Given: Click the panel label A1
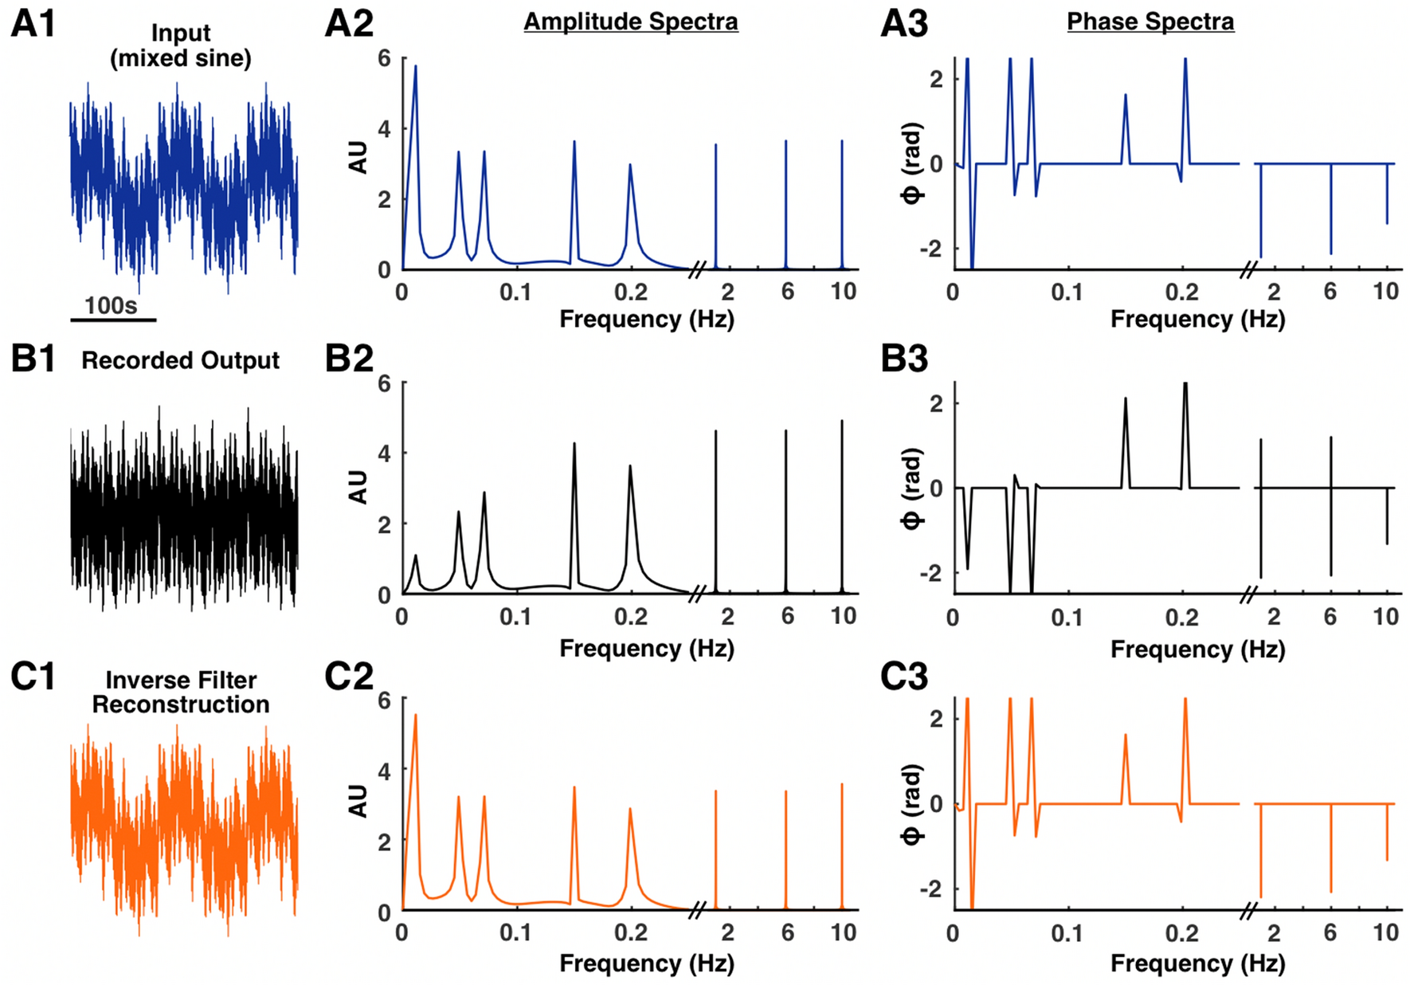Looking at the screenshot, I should (x=33, y=24).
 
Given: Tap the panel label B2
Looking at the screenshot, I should (x=348, y=359).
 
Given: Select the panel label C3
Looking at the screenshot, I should (x=903, y=677).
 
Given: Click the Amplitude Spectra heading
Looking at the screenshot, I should (x=630, y=22).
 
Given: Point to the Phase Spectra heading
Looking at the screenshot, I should (x=1150, y=22).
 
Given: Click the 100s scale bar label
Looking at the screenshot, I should (x=111, y=306).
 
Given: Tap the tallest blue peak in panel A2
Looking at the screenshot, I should (x=415, y=68).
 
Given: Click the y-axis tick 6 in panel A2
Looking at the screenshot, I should (x=385, y=59).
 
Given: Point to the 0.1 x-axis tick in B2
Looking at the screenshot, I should (x=515, y=616).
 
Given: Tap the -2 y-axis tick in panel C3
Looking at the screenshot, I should (x=930, y=889).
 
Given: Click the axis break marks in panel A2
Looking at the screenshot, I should (x=696, y=269).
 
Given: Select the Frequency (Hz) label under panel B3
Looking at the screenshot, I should (x=1197, y=649).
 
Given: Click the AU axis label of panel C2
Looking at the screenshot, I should (x=358, y=800).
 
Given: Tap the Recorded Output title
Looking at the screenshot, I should (x=180, y=360).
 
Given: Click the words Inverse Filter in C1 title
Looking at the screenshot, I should (x=181, y=680).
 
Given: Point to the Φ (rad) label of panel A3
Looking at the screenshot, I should (x=913, y=163).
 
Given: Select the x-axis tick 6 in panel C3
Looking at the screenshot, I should (x=1330, y=932).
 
